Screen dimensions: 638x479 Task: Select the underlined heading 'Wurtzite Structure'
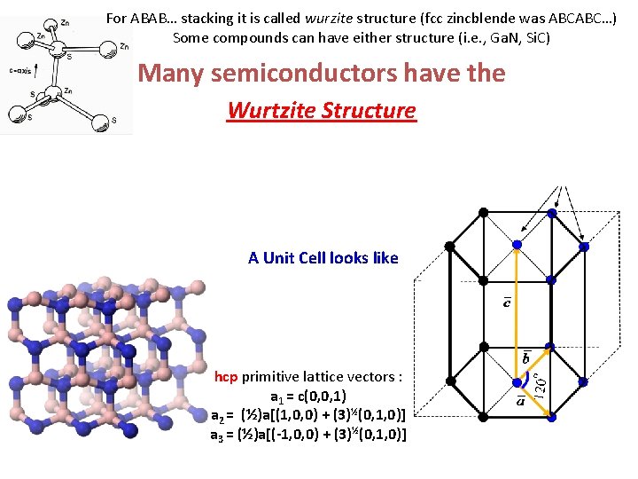pos(321,111)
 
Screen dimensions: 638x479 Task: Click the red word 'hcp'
pos(226,377)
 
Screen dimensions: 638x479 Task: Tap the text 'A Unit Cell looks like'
pos(323,258)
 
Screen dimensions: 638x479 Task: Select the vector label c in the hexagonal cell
pos(507,303)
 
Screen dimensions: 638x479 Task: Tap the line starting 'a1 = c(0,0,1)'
pos(308,396)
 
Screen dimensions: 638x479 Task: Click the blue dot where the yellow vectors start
pos(519,383)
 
